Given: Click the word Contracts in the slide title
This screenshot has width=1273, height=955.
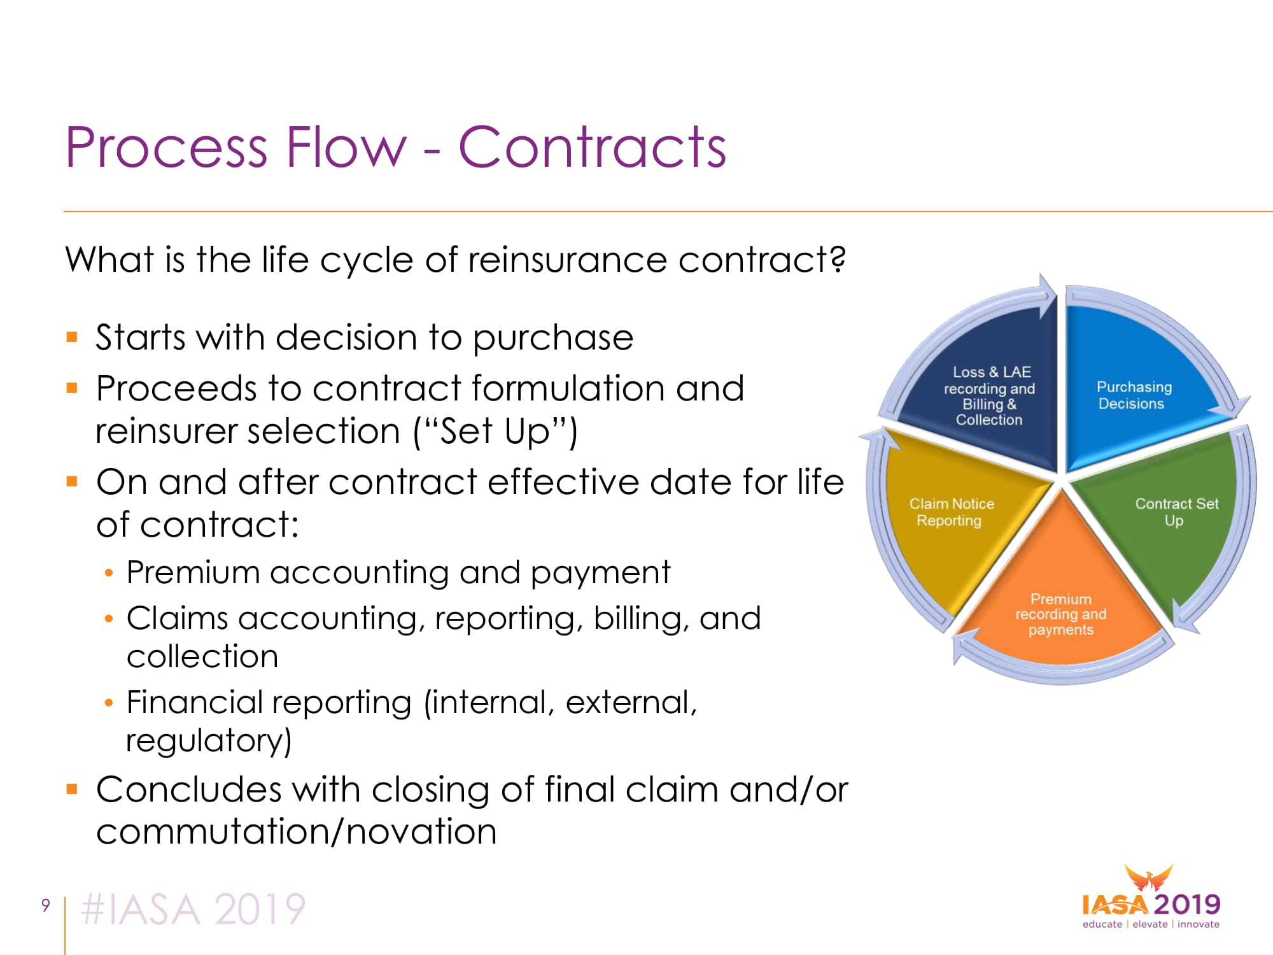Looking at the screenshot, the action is pyautogui.click(x=592, y=147).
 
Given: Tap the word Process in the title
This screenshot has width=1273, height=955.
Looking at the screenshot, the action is pyautogui.click(x=166, y=147).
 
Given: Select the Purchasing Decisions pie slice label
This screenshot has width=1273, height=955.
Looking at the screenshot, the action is pyautogui.click(x=1133, y=395).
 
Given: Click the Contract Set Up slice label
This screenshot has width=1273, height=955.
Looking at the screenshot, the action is pyautogui.click(x=1176, y=512).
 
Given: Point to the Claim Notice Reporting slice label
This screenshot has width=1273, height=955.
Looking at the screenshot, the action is pyautogui.click(x=951, y=512).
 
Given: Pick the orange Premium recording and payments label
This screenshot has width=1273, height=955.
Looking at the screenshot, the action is pyautogui.click(x=1060, y=614).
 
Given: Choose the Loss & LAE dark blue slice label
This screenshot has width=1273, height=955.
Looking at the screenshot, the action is pyautogui.click(x=990, y=395).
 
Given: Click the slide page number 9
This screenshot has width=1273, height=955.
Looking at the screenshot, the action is pyautogui.click(x=45, y=905).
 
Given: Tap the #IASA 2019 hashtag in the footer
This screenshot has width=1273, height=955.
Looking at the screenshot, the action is pyautogui.click(x=193, y=909).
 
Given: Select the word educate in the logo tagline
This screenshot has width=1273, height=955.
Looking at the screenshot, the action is pyautogui.click(x=1102, y=924).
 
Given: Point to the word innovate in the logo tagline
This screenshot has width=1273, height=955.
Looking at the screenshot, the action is pyautogui.click(x=1199, y=924).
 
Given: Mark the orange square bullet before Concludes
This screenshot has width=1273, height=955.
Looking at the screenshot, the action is pyautogui.click(x=72, y=789).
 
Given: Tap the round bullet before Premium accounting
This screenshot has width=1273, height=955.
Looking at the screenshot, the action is pyautogui.click(x=109, y=573).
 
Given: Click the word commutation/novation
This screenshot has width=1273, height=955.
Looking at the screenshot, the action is pyautogui.click(x=296, y=831).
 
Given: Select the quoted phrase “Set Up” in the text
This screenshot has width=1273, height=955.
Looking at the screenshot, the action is pyautogui.click(x=496, y=431).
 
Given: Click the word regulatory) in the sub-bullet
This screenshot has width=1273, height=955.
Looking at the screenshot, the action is pyautogui.click(x=209, y=741).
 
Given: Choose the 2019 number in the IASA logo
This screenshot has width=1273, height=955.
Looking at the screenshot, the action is pyautogui.click(x=1187, y=904).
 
